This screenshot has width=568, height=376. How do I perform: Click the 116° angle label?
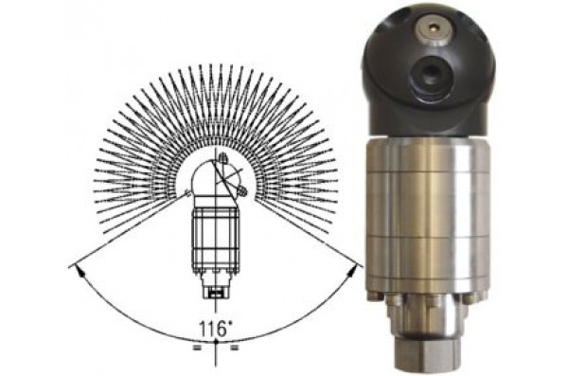215,329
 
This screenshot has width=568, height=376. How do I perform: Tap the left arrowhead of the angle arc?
78,271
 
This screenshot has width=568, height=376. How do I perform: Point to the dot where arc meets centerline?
216,342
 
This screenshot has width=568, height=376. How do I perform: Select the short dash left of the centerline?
197,349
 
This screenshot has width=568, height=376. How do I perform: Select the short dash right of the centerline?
235,349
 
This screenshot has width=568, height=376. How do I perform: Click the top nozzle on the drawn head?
223,158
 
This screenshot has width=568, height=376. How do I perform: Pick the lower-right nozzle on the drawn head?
243,190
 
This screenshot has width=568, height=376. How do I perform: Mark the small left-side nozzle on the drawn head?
187,193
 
